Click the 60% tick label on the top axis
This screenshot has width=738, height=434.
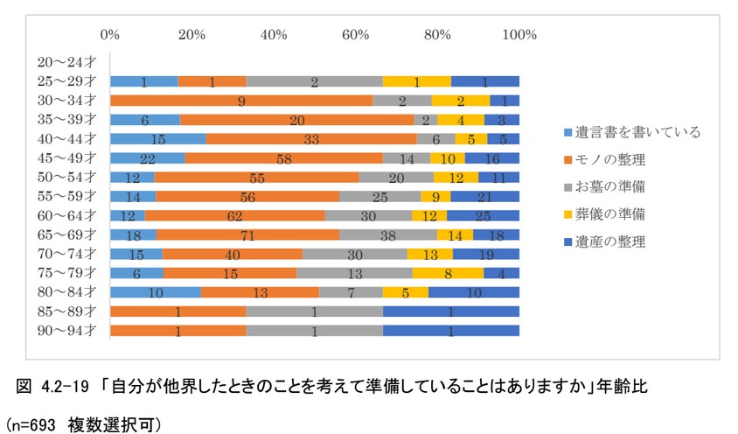(356, 35)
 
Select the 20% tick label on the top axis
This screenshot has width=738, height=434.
(191, 35)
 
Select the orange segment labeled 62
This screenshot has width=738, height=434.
(234, 215)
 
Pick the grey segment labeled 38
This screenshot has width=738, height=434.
(388, 234)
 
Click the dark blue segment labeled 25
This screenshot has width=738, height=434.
(483, 215)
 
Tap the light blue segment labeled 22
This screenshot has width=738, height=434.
(147, 157)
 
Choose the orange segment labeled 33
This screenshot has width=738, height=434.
(310, 138)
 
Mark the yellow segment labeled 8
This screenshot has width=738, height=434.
(448, 272)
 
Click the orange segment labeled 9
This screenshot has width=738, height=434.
(240, 101)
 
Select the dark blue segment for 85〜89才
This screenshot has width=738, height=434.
(450, 311)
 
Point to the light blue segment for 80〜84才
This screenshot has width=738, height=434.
(155, 291)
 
